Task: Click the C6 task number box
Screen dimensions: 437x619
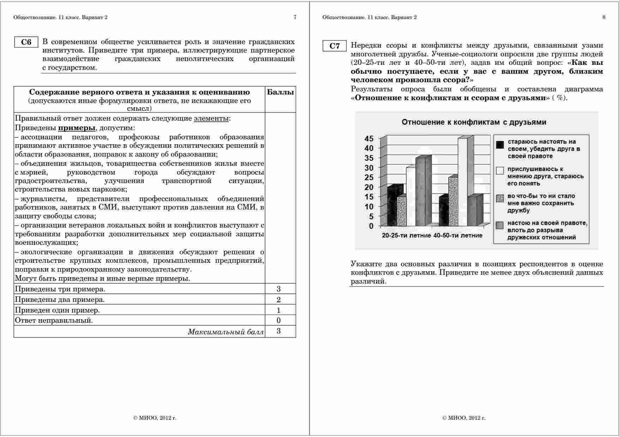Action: pos(26,42)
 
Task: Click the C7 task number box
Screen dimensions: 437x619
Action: pos(335,46)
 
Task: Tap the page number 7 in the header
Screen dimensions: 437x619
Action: pos(295,17)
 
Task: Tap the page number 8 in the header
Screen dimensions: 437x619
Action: pos(604,17)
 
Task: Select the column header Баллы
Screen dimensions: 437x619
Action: pos(280,92)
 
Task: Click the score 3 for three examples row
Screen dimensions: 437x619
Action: pos(279,289)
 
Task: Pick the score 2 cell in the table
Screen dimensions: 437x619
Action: pos(279,300)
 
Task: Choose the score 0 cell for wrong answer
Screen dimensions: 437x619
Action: pos(279,321)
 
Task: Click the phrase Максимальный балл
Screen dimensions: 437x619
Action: pos(226,332)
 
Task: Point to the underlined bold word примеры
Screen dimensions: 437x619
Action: pos(77,128)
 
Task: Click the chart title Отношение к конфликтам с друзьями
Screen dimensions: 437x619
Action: pos(474,122)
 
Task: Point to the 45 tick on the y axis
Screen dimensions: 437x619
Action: pos(369,139)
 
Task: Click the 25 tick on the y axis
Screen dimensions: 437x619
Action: pos(369,177)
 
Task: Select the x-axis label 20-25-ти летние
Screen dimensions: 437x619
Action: pos(406,235)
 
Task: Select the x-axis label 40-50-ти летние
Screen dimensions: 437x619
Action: pos(458,235)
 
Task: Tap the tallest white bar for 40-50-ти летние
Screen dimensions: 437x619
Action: pos(463,182)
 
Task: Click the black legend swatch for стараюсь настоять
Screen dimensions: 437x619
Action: pos(500,145)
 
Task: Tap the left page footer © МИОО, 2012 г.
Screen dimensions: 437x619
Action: pos(155,418)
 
